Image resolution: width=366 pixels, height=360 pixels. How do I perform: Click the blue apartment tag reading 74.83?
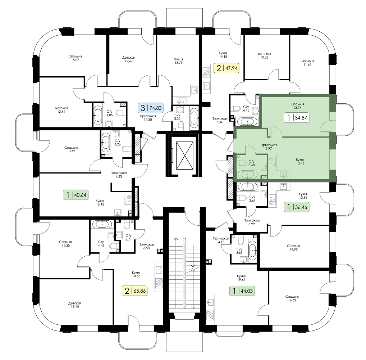(152, 108)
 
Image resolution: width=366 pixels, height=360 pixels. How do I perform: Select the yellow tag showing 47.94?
(227, 68)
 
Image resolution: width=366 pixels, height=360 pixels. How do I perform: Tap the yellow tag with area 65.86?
(135, 291)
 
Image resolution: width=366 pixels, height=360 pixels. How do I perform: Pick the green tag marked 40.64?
(76, 194)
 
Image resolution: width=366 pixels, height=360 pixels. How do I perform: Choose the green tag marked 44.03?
(242, 291)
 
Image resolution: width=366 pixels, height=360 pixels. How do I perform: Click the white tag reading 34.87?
(297, 118)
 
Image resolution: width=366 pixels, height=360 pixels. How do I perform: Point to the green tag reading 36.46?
(297, 207)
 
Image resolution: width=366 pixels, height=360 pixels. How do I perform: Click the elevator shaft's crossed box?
(185, 156)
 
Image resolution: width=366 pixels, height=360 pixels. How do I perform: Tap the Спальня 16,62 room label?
(292, 298)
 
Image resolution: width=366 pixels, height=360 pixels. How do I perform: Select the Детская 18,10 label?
(75, 305)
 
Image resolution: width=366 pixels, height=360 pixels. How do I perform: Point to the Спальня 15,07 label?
(75, 58)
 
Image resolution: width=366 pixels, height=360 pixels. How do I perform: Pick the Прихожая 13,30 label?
(148, 118)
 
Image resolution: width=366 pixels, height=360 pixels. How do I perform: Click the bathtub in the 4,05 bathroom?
(97, 115)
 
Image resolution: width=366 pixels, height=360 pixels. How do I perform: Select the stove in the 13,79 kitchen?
(182, 100)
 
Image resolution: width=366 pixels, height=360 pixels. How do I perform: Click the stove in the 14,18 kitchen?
(206, 72)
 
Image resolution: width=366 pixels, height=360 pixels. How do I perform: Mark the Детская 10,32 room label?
(264, 55)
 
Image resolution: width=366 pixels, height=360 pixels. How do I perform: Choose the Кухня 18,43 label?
(100, 202)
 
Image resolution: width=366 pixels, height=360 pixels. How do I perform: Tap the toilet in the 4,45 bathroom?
(237, 109)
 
